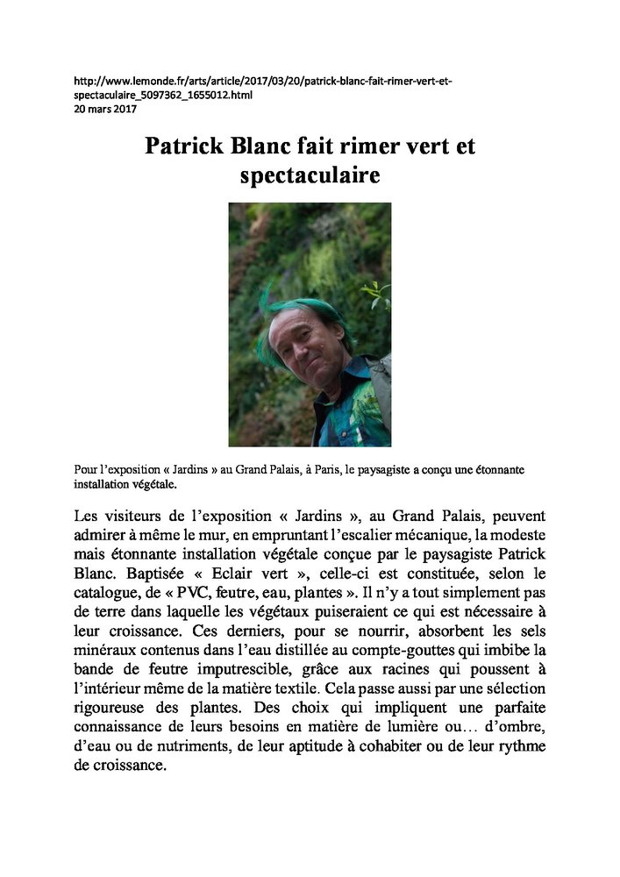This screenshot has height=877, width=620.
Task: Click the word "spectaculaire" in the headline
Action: [x=310, y=175]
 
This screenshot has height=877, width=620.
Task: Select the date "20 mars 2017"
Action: [x=104, y=109]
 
